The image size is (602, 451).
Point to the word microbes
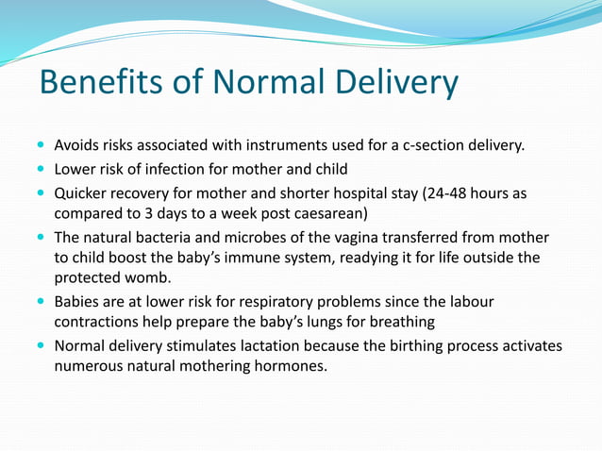pyautogui.click(x=263, y=237)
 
